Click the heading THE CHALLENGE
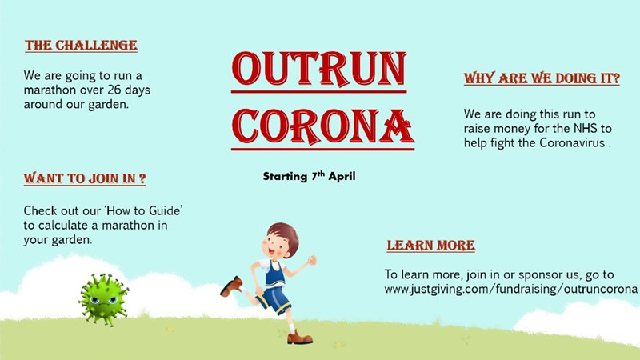pos(81,45)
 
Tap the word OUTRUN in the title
pos(318,69)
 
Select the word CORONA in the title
pos(323,126)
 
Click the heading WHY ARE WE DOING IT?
pos(542,78)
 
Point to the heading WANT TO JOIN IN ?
pos(85,178)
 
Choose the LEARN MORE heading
pos(431,245)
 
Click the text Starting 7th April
pos(309,176)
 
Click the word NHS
pos(586,129)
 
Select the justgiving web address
pos(510,289)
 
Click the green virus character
pos(104,299)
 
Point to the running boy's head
pos(280,240)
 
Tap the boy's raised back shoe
pos(231,286)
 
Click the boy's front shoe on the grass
pos(300,338)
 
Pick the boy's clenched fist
pos(312,260)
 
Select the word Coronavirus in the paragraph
pos(572,143)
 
